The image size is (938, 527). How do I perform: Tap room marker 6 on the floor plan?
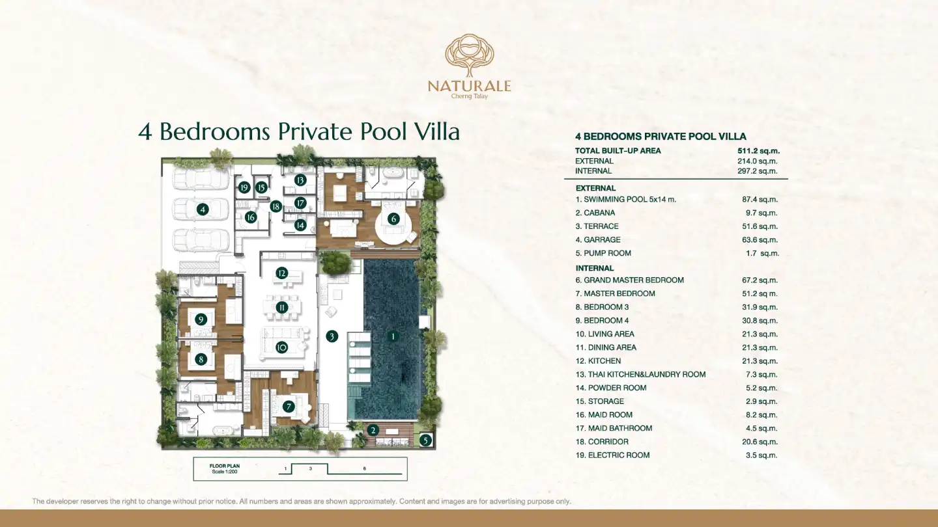(x=393, y=219)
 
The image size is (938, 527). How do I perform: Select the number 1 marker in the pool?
(x=393, y=336)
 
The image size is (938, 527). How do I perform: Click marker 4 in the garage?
(x=203, y=209)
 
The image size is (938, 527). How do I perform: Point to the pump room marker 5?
(x=425, y=440)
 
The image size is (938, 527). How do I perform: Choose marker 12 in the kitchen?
(x=282, y=273)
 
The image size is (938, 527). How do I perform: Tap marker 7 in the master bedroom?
(x=288, y=407)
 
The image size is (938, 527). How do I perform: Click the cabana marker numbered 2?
(x=373, y=430)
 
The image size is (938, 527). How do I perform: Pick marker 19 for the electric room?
(x=244, y=187)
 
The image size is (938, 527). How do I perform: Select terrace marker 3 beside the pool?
(x=332, y=336)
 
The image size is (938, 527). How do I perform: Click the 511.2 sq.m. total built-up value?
(x=758, y=151)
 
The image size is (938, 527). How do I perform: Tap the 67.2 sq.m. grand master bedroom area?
(x=760, y=280)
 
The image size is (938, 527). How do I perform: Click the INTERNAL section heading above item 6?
(x=595, y=268)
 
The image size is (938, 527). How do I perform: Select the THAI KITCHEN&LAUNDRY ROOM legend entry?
(x=640, y=374)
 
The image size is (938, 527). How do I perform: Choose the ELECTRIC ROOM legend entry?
(x=612, y=455)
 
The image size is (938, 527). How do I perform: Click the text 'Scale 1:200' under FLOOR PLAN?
(x=225, y=472)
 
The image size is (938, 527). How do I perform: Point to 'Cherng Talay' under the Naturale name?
(x=470, y=96)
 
